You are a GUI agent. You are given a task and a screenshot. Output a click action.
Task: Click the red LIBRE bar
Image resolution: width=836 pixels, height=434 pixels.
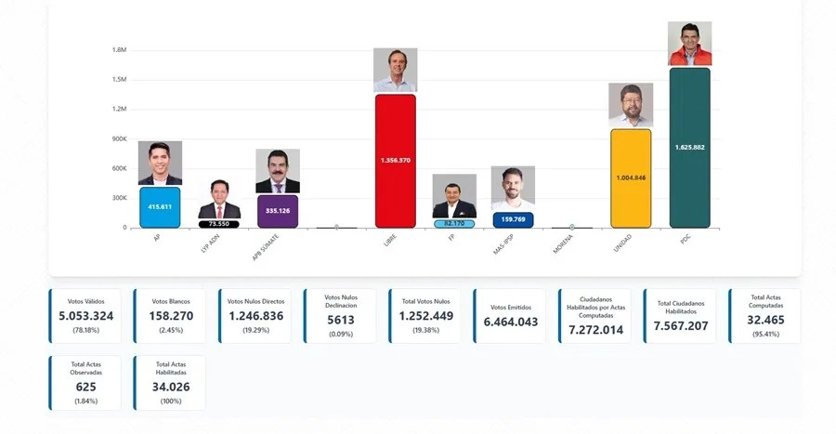(x=395, y=160)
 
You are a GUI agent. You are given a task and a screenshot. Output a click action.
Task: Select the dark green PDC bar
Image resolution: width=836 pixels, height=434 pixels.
(x=689, y=148)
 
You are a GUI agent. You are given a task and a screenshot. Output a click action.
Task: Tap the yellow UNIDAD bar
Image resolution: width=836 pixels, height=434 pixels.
(x=631, y=178)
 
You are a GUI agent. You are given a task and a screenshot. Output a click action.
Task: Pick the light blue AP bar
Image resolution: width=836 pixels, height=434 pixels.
(x=160, y=207)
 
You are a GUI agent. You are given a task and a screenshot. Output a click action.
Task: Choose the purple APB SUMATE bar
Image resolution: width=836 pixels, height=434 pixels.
(x=277, y=211)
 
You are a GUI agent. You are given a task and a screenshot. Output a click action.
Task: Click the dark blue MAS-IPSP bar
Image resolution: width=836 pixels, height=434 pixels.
(x=513, y=220)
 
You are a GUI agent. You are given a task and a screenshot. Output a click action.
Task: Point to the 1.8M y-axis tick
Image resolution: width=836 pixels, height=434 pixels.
(x=118, y=50)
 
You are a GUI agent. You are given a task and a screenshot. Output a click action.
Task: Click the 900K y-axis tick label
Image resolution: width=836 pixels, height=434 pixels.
(x=117, y=139)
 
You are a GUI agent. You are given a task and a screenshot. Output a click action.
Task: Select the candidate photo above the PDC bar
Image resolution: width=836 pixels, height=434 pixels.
(x=689, y=44)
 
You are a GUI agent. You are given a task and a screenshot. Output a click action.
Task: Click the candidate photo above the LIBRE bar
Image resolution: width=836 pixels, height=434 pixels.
(x=395, y=70)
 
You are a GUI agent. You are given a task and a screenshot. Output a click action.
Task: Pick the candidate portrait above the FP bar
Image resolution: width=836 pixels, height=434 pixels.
(x=454, y=196)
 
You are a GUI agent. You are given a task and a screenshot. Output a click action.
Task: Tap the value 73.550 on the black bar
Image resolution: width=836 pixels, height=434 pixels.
(x=219, y=224)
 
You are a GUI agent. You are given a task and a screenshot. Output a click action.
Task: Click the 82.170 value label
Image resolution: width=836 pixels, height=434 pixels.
(x=454, y=224)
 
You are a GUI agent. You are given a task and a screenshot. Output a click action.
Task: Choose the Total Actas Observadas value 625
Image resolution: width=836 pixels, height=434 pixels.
(x=86, y=387)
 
